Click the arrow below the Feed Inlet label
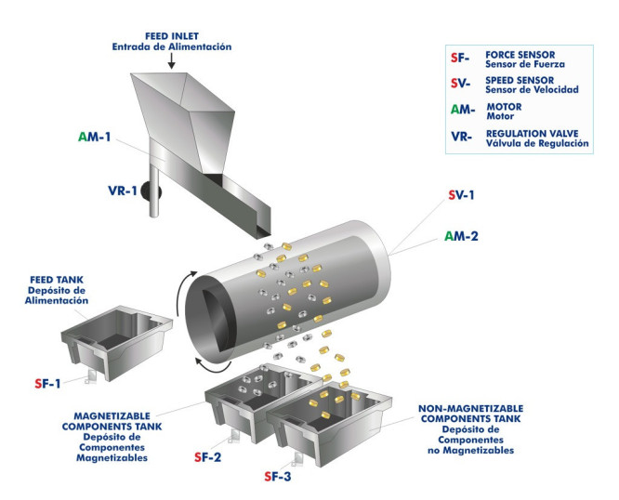pos(172,60)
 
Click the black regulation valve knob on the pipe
pos(151,191)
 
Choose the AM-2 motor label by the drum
pos(461,236)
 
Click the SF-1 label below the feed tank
pos(48,382)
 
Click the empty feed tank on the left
pos(113,339)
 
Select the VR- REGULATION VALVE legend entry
pos(517,138)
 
